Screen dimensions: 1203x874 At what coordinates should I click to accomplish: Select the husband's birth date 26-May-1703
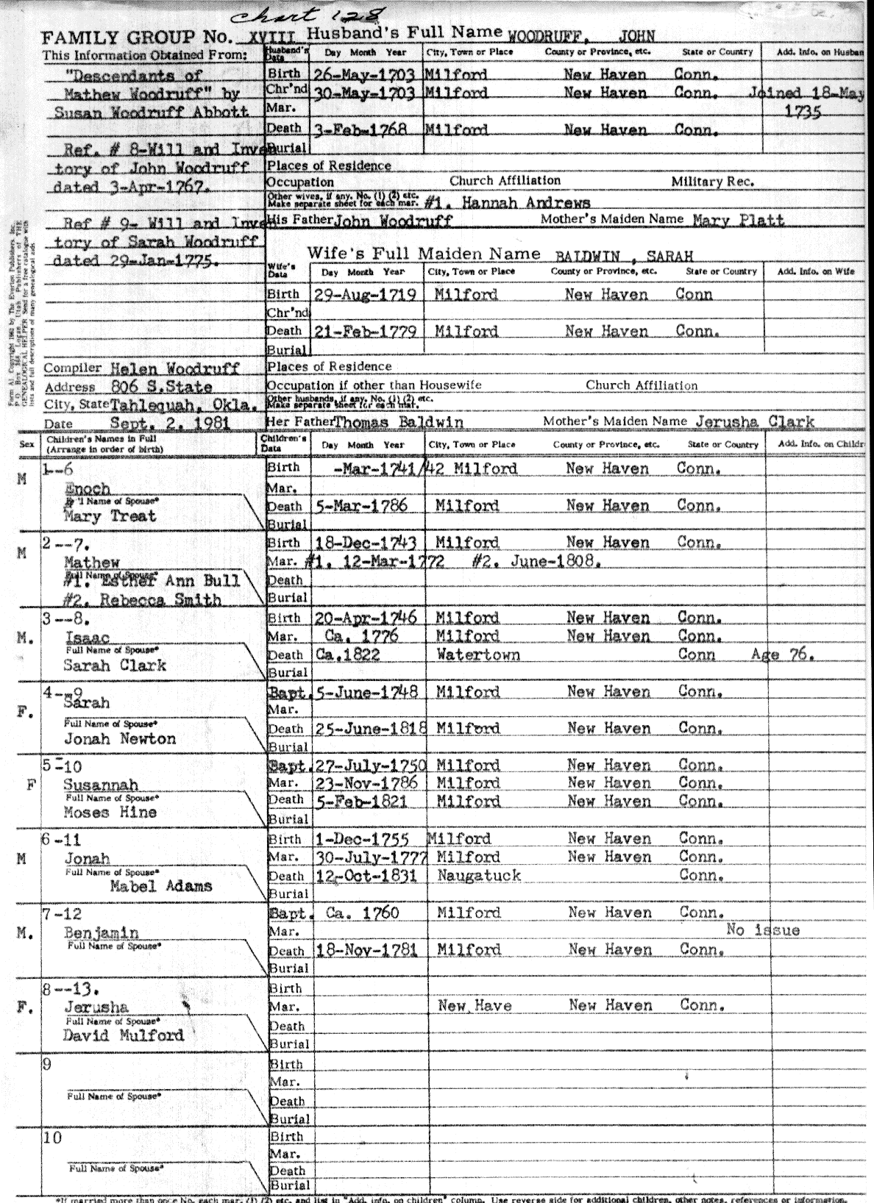click(364, 74)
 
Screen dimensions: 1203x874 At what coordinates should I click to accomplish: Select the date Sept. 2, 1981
click(170, 423)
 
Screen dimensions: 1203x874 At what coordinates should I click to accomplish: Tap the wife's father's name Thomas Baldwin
click(399, 422)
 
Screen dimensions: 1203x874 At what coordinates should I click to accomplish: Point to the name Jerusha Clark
click(751, 422)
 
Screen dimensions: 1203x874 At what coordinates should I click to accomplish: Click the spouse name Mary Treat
click(110, 516)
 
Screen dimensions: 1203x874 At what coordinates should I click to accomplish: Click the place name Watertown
click(478, 654)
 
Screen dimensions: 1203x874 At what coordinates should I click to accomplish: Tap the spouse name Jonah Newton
click(120, 739)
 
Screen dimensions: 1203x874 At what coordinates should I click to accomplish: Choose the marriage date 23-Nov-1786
click(366, 783)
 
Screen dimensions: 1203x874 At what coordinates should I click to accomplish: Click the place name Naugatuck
click(479, 876)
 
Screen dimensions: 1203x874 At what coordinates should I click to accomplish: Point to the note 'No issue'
click(762, 930)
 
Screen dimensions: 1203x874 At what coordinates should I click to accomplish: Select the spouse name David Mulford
click(123, 1035)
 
